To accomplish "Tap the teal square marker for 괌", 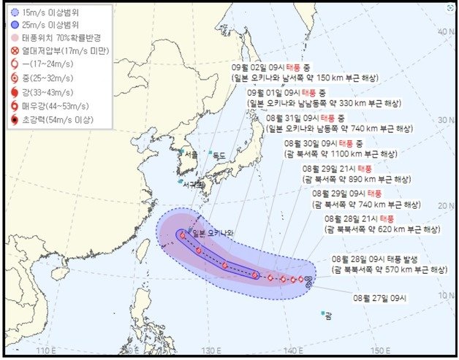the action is tap(322, 314).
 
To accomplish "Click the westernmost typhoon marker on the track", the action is tap(182, 235).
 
